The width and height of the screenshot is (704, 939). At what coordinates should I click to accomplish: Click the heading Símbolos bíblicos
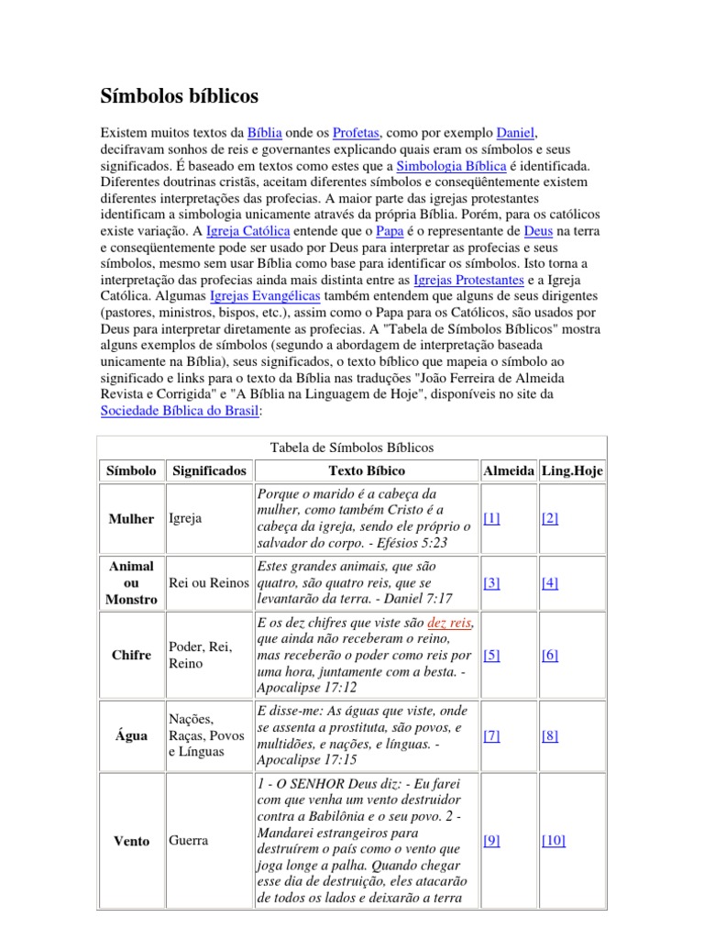click(179, 96)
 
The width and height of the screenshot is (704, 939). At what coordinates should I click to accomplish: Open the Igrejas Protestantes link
click(468, 281)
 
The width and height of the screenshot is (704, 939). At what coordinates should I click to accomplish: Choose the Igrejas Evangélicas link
click(265, 297)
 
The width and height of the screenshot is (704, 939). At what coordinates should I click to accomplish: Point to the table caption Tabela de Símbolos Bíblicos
click(352, 447)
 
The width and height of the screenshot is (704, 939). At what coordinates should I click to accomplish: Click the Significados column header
click(209, 470)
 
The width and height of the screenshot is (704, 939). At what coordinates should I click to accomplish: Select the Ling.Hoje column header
click(572, 470)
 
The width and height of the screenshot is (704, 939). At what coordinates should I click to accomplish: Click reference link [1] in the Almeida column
click(491, 518)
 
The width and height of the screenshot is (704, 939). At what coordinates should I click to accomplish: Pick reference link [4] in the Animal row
click(550, 582)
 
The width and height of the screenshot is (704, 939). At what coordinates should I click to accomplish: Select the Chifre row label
click(132, 656)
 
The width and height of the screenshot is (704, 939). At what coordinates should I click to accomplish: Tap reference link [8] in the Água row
click(550, 735)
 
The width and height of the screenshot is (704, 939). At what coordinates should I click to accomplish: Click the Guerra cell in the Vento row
click(189, 840)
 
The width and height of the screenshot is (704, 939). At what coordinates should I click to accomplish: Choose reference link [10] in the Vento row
click(553, 840)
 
